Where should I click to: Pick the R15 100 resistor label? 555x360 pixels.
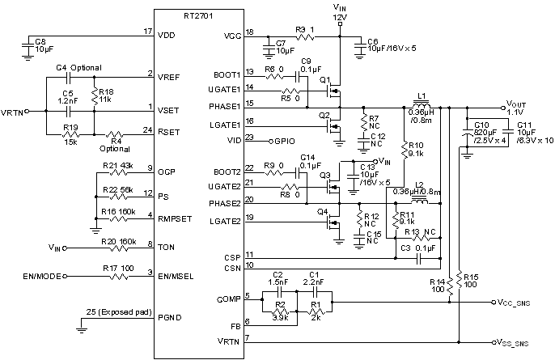click(472, 279)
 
